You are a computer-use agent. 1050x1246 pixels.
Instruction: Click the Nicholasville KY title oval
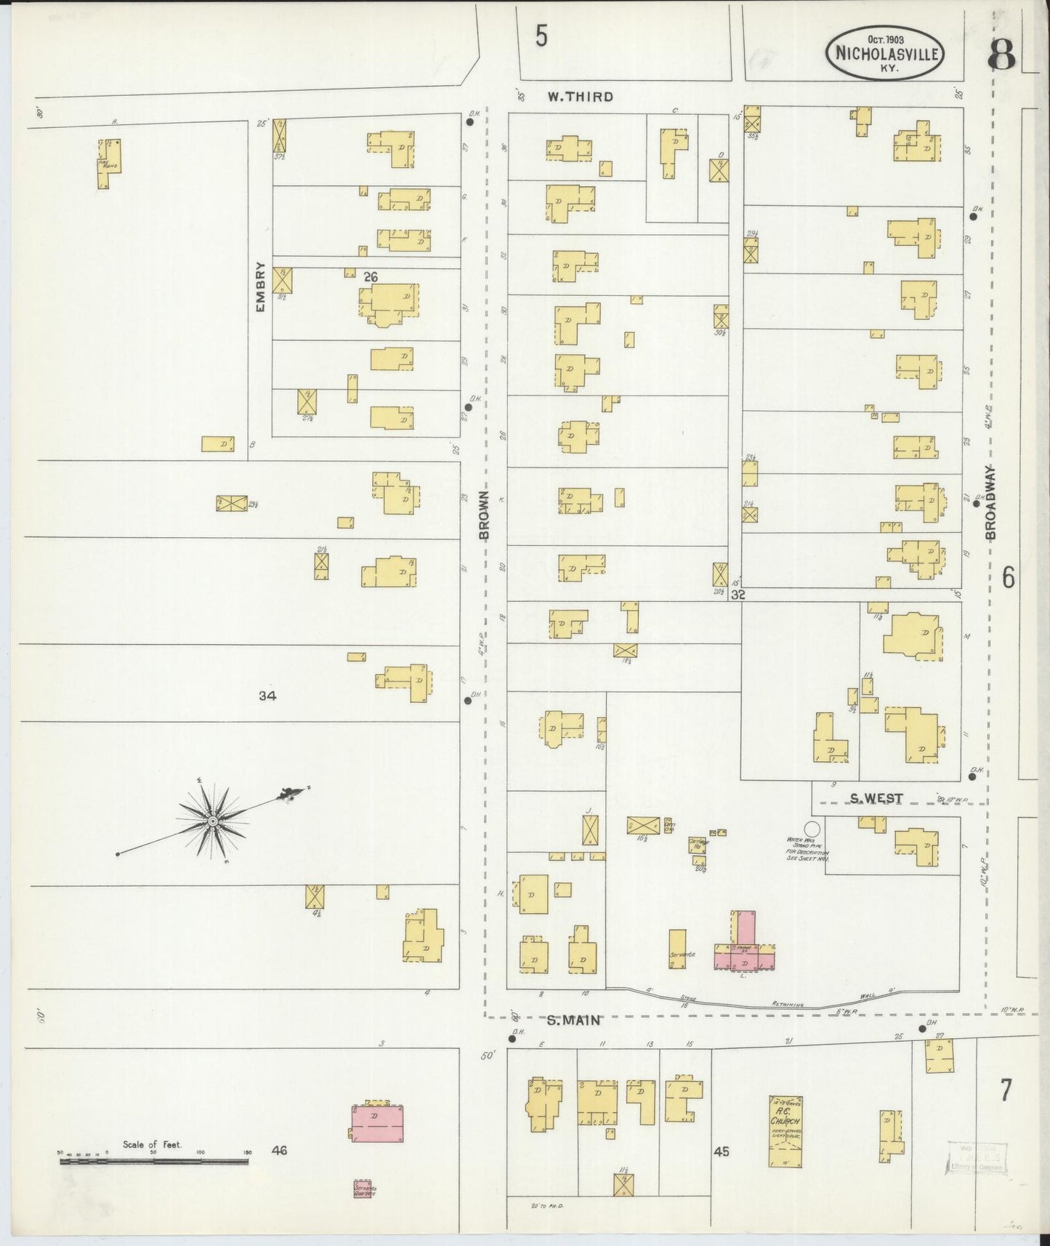pyautogui.click(x=885, y=53)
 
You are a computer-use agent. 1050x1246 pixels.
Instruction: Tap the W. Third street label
pyautogui.click(x=580, y=97)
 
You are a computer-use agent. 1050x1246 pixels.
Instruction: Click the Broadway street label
pyautogui.click(x=990, y=502)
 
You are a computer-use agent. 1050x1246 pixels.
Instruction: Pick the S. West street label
pyautogui.click(x=877, y=798)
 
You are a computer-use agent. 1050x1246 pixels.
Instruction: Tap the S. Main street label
pyautogui.click(x=573, y=1020)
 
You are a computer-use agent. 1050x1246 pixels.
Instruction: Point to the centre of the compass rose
pyautogui.click(x=213, y=821)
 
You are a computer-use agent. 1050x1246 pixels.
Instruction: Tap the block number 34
pyautogui.click(x=267, y=696)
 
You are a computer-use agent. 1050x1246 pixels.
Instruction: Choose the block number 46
pyautogui.click(x=279, y=1150)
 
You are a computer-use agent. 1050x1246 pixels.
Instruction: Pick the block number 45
pyautogui.click(x=721, y=1151)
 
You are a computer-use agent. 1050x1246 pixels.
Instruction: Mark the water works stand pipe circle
pyautogui.click(x=812, y=828)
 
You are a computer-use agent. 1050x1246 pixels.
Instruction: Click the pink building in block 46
pyautogui.click(x=378, y=1123)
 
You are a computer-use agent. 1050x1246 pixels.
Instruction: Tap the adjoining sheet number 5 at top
pyautogui.click(x=541, y=36)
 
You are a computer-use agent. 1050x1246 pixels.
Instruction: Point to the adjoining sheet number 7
pyautogui.click(x=1006, y=1090)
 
